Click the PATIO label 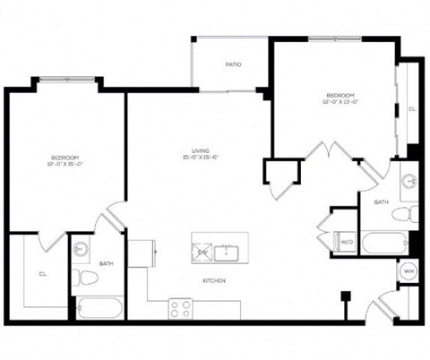point(233,64)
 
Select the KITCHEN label point(213,281)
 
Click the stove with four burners point(181,309)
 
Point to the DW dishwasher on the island point(202,252)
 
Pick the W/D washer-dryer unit point(345,240)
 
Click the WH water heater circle point(408,270)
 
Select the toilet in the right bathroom point(408,213)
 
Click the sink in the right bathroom point(408,182)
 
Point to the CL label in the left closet point(42,274)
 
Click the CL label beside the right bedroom point(411,108)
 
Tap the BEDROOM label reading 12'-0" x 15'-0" point(66,159)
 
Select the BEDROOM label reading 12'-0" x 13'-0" point(340,99)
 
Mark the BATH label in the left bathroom point(106,263)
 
